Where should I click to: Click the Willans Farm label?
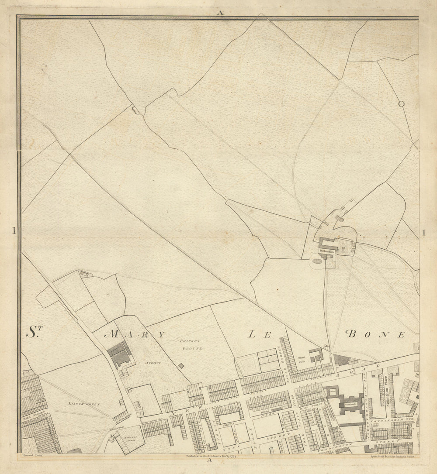pyautogui.click(x=326, y=251)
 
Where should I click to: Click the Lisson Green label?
pyautogui.click(x=84, y=404)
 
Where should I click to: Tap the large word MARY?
pyautogui.click(x=136, y=335)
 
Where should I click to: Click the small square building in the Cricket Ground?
pyautogui.click(x=181, y=365)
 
